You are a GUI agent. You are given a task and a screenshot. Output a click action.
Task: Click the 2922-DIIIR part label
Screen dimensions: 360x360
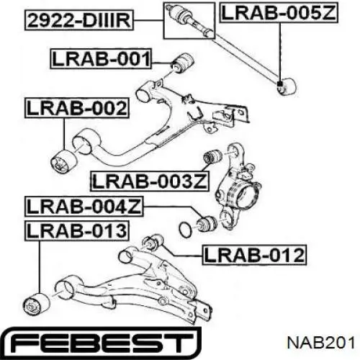79,21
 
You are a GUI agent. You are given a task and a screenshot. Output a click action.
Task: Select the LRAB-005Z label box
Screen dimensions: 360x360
279,13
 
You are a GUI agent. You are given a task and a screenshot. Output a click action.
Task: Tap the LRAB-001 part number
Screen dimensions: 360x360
101,59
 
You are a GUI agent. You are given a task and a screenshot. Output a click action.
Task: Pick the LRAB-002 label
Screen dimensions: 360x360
77,108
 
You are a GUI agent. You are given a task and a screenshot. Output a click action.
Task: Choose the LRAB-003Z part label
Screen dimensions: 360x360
150,181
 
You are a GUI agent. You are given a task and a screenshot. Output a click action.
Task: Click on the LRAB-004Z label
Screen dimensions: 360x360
84,207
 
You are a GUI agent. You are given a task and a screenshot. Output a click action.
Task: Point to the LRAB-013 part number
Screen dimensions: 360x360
77,231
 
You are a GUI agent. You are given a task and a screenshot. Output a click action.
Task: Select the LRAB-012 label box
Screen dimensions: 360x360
254,255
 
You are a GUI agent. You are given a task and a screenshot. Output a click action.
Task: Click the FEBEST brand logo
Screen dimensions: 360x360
102,343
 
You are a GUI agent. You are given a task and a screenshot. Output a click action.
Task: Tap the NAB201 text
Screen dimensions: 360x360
321,343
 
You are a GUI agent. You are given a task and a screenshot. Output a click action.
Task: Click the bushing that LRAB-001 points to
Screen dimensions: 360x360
183,63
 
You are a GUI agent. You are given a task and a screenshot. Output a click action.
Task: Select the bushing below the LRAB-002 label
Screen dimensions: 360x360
64,161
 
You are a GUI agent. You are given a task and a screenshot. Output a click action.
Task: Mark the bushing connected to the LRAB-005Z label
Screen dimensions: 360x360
287,86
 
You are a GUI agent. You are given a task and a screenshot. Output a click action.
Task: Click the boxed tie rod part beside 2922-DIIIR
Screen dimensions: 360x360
189,20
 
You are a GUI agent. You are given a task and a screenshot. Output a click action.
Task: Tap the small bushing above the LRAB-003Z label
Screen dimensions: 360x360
212,156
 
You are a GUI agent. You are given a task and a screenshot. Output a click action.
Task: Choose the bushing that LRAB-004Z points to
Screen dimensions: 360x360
207,223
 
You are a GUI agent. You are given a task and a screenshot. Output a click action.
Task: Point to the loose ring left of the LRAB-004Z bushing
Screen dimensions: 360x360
185,228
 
